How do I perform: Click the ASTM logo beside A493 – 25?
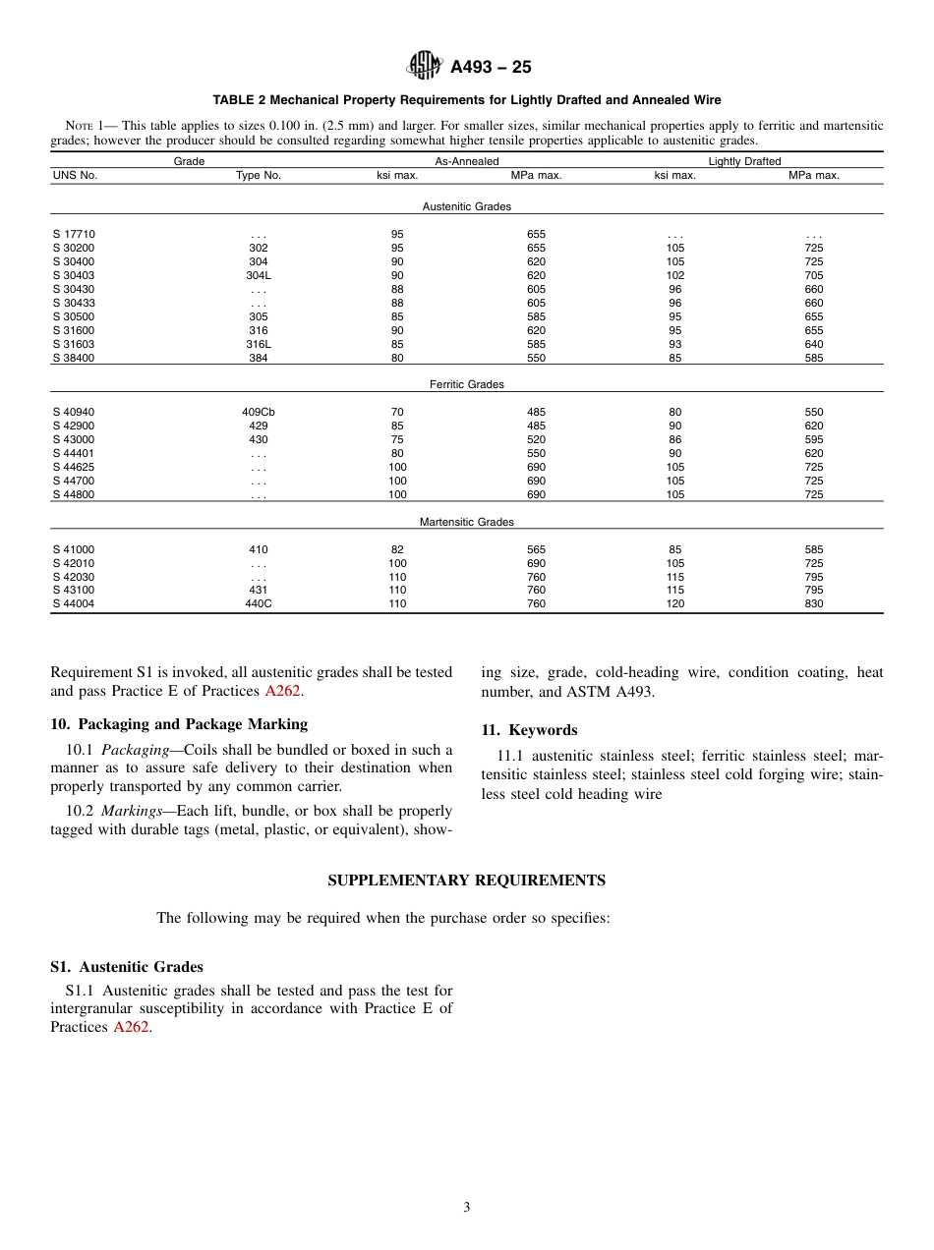(x=425, y=67)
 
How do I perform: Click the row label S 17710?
(x=74, y=235)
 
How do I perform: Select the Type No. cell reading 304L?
(x=259, y=276)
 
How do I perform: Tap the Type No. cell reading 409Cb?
(x=259, y=413)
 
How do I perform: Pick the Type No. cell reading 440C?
(x=259, y=604)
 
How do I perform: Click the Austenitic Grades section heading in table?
(x=466, y=207)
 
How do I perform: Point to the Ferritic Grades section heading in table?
(x=466, y=385)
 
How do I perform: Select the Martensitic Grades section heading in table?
(x=466, y=523)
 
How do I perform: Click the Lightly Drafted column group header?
(x=744, y=162)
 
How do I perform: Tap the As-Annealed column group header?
(x=466, y=162)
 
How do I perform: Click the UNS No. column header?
(x=75, y=176)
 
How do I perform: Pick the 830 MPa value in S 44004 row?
(x=813, y=604)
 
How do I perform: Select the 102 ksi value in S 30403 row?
(x=674, y=276)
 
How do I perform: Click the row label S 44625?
(x=74, y=468)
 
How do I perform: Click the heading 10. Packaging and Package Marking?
(x=179, y=724)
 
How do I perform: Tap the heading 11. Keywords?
(x=529, y=730)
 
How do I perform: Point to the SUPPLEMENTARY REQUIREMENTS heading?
(x=466, y=881)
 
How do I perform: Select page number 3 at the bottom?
(x=467, y=1208)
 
